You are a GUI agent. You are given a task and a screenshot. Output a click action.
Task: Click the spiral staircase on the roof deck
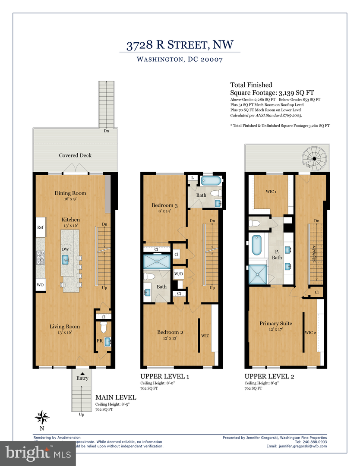pos(313,159)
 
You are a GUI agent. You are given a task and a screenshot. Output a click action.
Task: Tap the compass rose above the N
pos(42,417)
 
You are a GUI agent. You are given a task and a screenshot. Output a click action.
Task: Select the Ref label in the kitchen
pos(40,227)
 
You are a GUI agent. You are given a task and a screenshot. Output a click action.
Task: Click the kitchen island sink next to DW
pos(66,259)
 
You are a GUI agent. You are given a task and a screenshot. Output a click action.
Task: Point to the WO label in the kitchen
pos(40,285)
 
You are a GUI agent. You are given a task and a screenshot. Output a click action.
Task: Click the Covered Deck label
pos(75,155)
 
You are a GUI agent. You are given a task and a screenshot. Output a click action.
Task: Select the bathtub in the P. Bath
pos(256,244)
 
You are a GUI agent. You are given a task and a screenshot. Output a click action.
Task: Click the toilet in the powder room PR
pos(103,328)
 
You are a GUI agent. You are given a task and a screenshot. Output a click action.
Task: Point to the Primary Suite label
pos(276,323)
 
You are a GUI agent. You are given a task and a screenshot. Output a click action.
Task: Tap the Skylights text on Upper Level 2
pos(316,255)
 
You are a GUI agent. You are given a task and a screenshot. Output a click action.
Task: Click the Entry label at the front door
pos(82,378)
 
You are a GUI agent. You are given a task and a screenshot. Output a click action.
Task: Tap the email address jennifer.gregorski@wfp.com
pos(303,446)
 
